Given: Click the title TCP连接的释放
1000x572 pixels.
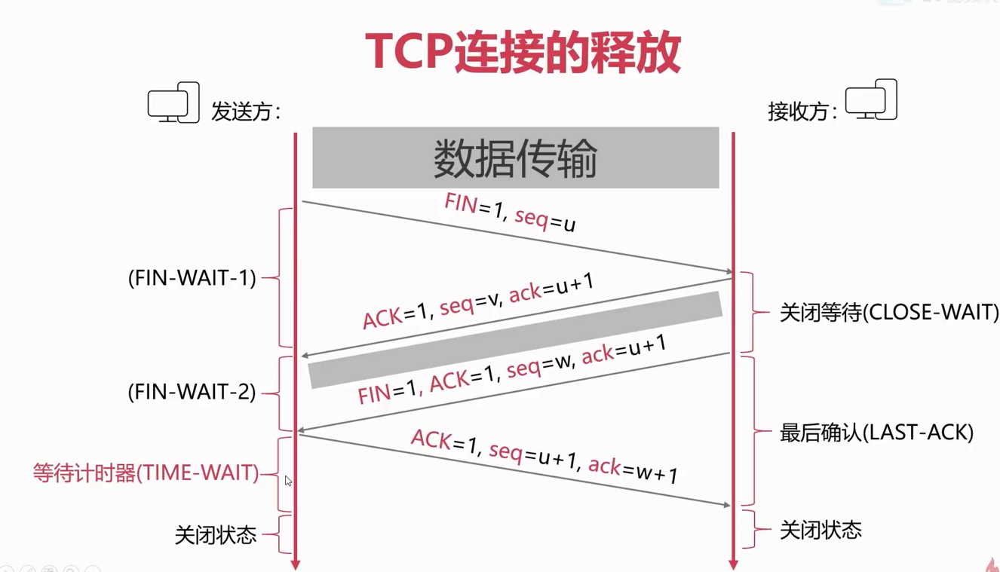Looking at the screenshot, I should point(523,53).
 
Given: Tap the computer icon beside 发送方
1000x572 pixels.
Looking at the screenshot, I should point(173,102).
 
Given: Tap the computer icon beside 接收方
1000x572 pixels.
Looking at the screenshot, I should point(871,99).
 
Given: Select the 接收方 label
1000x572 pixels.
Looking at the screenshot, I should point(802,112).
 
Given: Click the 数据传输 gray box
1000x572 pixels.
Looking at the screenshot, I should point(516,158).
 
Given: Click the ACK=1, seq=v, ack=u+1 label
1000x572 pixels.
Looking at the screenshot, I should point(478,301).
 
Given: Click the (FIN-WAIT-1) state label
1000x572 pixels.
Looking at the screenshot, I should point(192,278).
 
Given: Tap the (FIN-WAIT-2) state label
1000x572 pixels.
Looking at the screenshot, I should point(192,392).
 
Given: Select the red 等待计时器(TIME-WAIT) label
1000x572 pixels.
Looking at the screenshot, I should point(146,473).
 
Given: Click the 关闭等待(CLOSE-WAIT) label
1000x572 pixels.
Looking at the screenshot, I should point(888,312).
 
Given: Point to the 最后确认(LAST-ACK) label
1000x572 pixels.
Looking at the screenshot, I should point(876,433).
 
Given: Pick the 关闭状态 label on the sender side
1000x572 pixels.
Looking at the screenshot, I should point(216,535).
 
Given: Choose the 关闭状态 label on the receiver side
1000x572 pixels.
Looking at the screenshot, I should point(821,530).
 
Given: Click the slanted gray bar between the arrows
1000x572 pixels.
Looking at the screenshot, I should point(515,340).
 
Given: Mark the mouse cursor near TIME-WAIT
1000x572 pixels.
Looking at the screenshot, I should point(288,481).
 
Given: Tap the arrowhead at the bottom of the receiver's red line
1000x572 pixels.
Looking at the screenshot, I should point(733,564).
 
